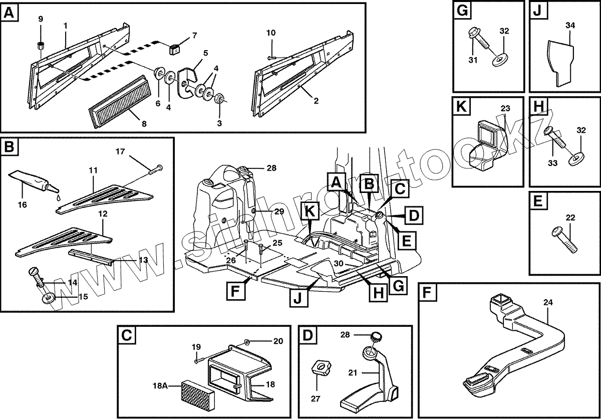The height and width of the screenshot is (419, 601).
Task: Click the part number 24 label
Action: tap(548, 302)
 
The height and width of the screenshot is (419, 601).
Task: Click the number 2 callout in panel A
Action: tap(316, 101)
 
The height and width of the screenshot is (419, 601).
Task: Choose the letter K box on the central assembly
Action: tap(311, 213)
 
